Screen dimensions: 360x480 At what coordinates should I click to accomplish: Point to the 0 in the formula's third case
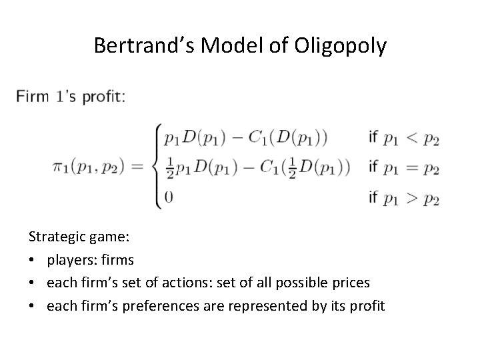click(168, 197)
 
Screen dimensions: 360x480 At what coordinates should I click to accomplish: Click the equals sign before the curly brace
click(138, 167)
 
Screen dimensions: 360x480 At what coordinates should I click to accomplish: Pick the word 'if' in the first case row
click(373, 137)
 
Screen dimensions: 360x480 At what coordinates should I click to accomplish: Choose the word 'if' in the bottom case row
click(373, 197)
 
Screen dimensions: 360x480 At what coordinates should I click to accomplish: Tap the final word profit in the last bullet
click(367, 306)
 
